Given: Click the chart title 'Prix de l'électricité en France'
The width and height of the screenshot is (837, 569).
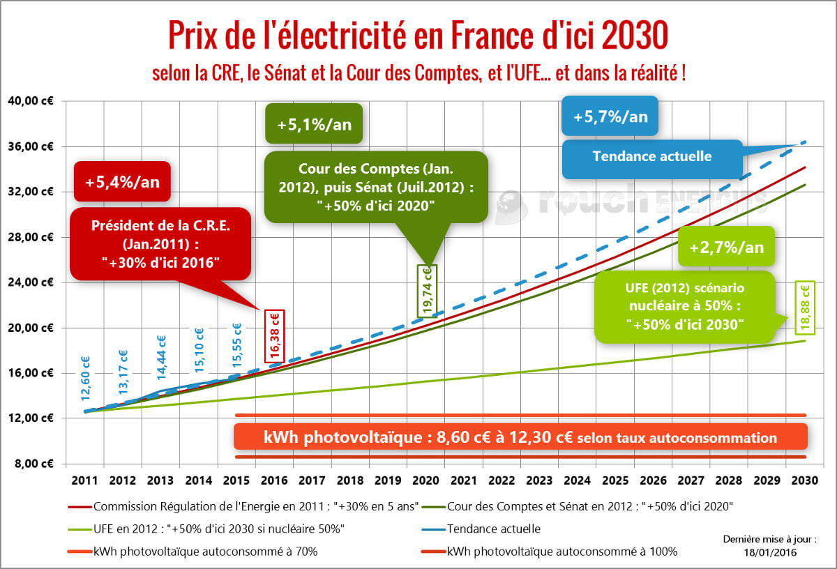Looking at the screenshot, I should point(418,34).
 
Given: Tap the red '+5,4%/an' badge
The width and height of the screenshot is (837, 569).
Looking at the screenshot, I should point(122,183).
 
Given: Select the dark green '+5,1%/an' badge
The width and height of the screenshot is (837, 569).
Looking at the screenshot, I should point(313,125).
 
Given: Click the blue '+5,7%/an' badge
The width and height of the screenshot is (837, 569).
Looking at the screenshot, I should point(610,116).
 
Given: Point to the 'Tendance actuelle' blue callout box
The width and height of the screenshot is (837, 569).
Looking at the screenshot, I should point(651,156).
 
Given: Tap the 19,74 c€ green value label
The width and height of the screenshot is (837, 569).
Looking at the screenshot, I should point(425,289).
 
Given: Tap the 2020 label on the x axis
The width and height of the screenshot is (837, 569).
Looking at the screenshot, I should point(426,480).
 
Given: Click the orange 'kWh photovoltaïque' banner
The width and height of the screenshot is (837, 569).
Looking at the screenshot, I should point(520,438).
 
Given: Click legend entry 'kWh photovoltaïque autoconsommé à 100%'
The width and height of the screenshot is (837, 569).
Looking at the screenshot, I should point(562,551).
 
